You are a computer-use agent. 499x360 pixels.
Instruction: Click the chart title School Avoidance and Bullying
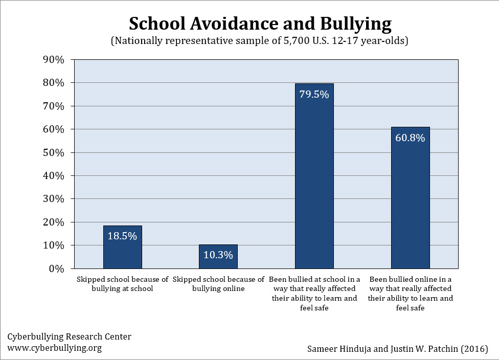pyautogui.click(x=260, y=24)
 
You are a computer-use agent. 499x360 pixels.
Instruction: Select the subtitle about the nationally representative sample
pyautogui.click(x=260, y=41)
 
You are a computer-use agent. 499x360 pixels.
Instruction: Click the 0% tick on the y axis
pyautogui.click(x=56, y=268)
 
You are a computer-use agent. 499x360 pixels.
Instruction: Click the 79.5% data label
pyautogui.click(x=314, y=94)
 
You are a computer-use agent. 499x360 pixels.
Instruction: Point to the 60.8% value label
pyautogui.click(x=410, y=138)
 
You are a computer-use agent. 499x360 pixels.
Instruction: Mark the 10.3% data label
pyautogui.click(x=218, y=255)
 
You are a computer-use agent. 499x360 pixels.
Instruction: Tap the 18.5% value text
pyautogui.click(x=123, y=236)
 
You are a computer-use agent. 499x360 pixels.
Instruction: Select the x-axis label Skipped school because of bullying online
pyautogui.click(x=218, y=284)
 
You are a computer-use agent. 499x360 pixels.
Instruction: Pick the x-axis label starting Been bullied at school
pyautogui.click(x=314, y=294)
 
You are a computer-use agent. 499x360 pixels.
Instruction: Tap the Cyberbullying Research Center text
pyautogui.click(x=69, y=336)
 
